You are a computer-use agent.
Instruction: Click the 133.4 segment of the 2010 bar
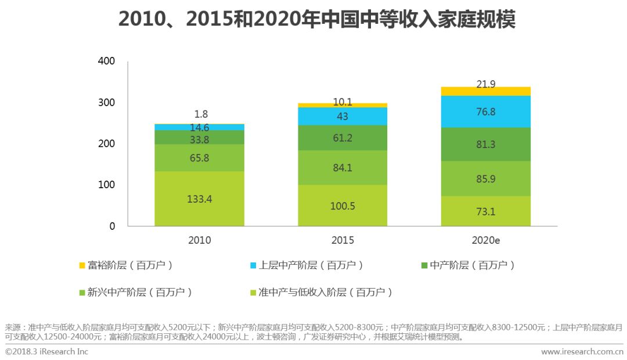(x=199, y=199)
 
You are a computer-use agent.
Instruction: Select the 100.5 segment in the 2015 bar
(x=343, y=206)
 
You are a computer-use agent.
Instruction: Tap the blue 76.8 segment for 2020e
(x=485, y=111)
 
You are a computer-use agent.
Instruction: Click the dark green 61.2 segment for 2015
(x=343, y=138)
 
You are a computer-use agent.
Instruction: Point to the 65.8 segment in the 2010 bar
(x=199, y=157)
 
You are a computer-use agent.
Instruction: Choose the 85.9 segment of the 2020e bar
(x=485, y=179)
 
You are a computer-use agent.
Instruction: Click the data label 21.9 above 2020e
(x=485, y=85)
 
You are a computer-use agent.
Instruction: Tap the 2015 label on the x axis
(x=343, y=240)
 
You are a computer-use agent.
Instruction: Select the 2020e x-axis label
(x=485, y=240)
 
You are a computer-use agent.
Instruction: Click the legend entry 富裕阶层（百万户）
(x=126, y=265)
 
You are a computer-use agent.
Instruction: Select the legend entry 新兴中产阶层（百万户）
(x=135, y=292)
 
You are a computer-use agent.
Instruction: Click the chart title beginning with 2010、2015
(x=316, y=20)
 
